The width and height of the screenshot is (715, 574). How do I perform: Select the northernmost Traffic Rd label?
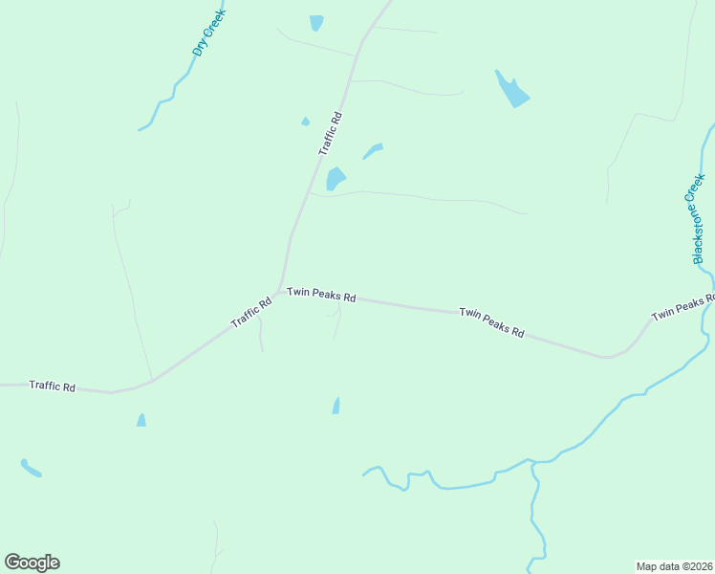(x=330, y=134)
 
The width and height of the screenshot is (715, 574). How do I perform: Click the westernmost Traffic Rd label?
(x=52, y=386)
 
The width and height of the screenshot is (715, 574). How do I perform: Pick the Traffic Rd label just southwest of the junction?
(x=252, y=313)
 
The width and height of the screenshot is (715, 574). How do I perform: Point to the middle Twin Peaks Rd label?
(x=491, y=322)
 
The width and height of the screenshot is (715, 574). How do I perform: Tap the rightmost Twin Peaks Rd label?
(x=682, y=307)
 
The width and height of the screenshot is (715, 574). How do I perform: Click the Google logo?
(x=32, y=563)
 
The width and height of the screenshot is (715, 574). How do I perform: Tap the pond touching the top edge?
(x=316, y=22)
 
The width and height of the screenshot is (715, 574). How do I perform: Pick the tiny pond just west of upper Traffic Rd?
(x=305, y=121)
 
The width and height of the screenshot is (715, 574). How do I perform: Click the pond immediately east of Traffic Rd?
(x=335, y=179)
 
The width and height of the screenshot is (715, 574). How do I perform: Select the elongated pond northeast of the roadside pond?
(x=373, y=151)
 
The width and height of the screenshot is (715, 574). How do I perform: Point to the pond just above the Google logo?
(x=31, y=468)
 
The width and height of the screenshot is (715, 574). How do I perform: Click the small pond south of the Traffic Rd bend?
(x=141, y=420)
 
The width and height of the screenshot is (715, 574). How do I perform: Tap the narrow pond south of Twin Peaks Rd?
(x=336, y=406)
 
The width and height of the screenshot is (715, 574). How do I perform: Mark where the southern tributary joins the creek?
(x=533, y=462)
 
